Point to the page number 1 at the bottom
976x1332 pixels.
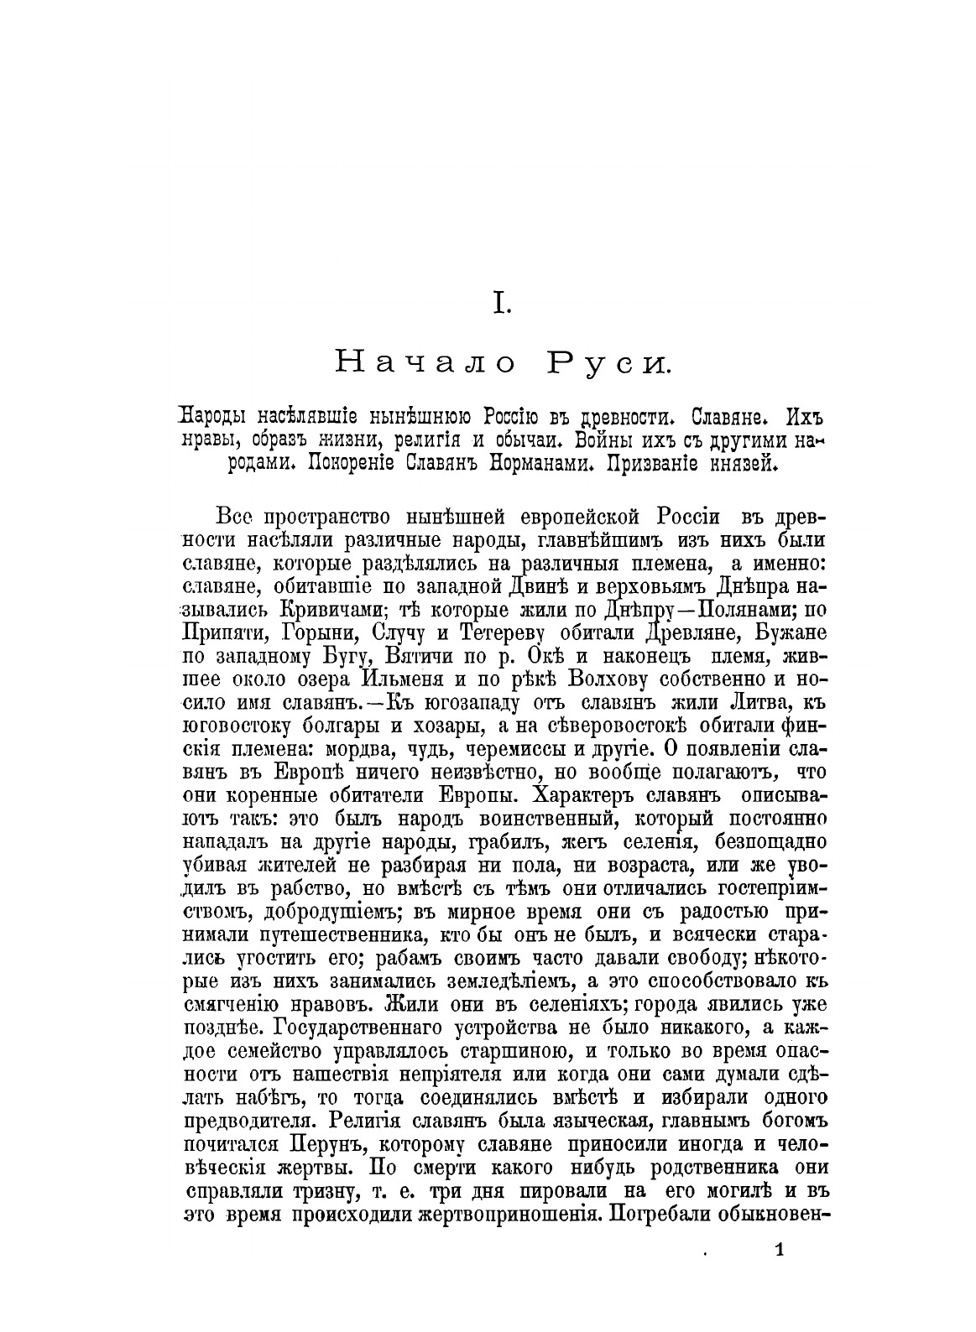(x=780, y=1251)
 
